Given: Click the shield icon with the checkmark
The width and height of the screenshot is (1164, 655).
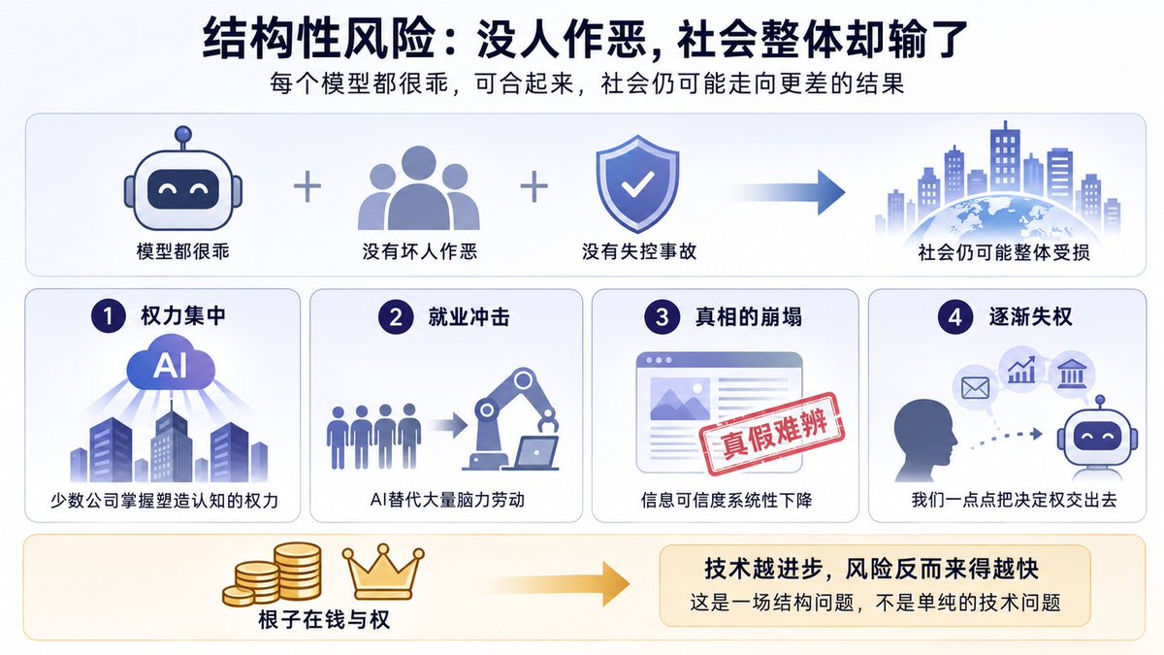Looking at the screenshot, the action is coord(637,183).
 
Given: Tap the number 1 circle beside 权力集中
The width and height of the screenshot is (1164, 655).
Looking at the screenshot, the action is coord(108,315).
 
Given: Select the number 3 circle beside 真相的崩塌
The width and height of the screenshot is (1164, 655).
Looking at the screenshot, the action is coord(662,316).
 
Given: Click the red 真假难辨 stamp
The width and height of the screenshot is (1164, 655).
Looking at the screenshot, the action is coord(772,434).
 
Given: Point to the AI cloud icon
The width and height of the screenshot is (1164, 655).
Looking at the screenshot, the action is coord(171,364).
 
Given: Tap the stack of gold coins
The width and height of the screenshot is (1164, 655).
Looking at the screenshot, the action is coord(273,573).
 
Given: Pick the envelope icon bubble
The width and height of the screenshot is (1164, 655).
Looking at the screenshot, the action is coord(975,388).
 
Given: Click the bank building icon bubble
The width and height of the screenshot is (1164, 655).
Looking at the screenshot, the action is coord(1072,374).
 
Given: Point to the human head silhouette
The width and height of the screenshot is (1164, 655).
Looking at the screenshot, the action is coord(925,440).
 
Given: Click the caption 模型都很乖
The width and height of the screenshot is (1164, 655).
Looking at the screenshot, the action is coord(182,251).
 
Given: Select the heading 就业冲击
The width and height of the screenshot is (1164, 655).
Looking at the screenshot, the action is coord(469,316).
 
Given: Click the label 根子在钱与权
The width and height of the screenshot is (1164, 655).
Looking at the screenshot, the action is coord(324,620).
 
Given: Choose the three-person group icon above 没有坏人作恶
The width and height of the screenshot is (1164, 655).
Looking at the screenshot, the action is coord(419,187).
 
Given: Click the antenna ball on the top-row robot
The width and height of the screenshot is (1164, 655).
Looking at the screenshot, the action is coord(183,134).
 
